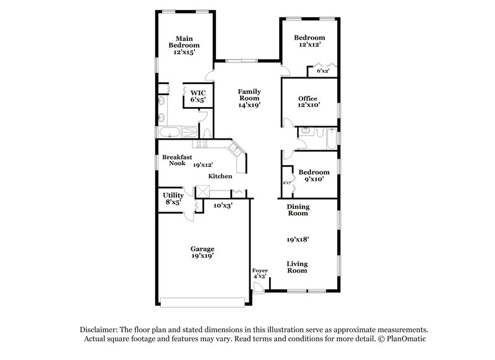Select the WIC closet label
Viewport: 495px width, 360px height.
pyautogui.click(x=197, y=92)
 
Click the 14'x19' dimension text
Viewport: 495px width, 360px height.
pyautogui.click(x=249, y=105)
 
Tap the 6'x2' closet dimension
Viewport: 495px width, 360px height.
pyautogui.click(x=322, y=71)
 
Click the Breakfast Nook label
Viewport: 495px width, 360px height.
pyautogui.click(x=174, y=161)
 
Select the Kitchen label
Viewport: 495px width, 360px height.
pyautogui.click(x=220, y=176)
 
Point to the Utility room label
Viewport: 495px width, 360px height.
pyautogui.click(x=173, y=195)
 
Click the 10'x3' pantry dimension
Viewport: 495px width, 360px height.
pyautogui.click(x=223, y=205)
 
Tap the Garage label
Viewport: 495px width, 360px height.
pyautogui.click(x=202, y=249)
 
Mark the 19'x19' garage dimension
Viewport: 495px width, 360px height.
pyautogui.click(x=202, y=256)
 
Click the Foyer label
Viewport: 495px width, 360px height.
pyautogui.click(x=260, y=271)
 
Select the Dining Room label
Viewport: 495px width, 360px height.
pyautogui.click(x=298, y=210)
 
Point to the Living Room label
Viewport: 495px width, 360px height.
pyautogui.click(x=297, y=267)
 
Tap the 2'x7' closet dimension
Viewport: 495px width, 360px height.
pyautogui.click(x=287, y=182)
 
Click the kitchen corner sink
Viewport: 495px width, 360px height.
pyautogui.click(x=235, y=148)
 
